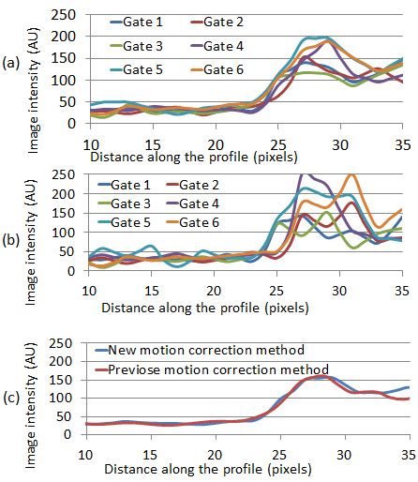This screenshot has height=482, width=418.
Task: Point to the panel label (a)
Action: (x=13, y=64)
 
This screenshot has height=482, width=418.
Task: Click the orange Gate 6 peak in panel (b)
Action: (x=351, y=175)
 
